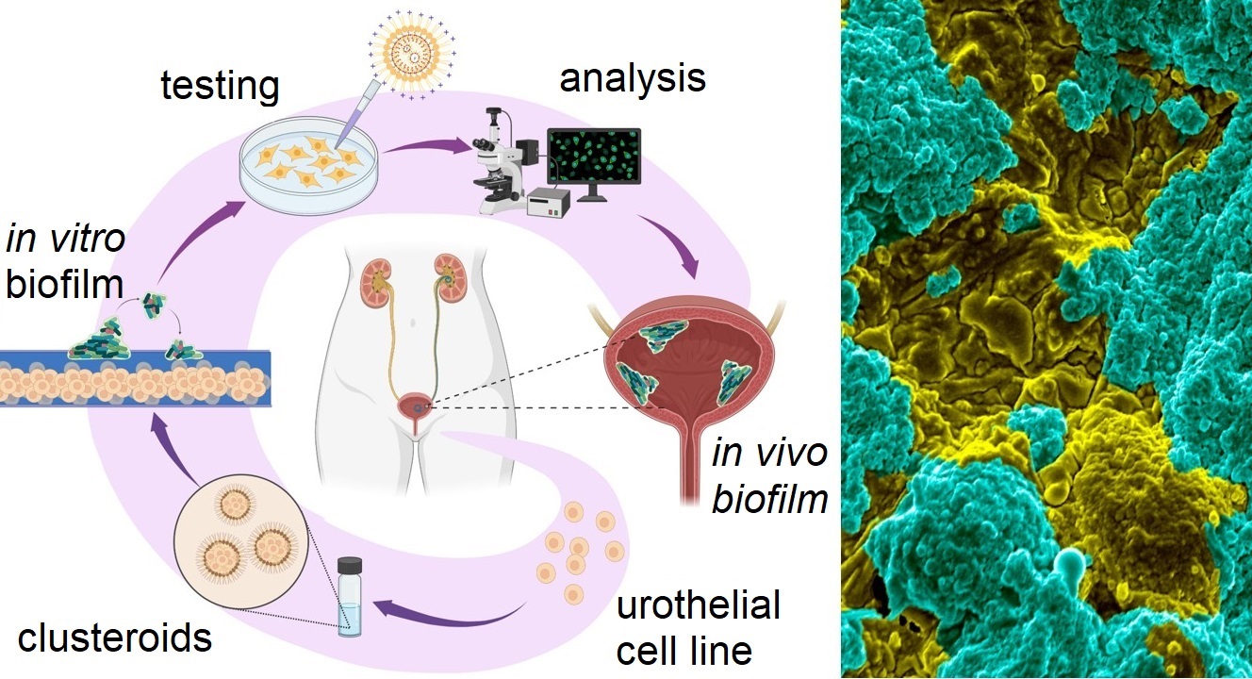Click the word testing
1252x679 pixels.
point(221,86)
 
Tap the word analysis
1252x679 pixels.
point(633,77)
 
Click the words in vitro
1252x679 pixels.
point(65,239)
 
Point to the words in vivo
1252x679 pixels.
point(770,453)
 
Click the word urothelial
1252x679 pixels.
point(699,604)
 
